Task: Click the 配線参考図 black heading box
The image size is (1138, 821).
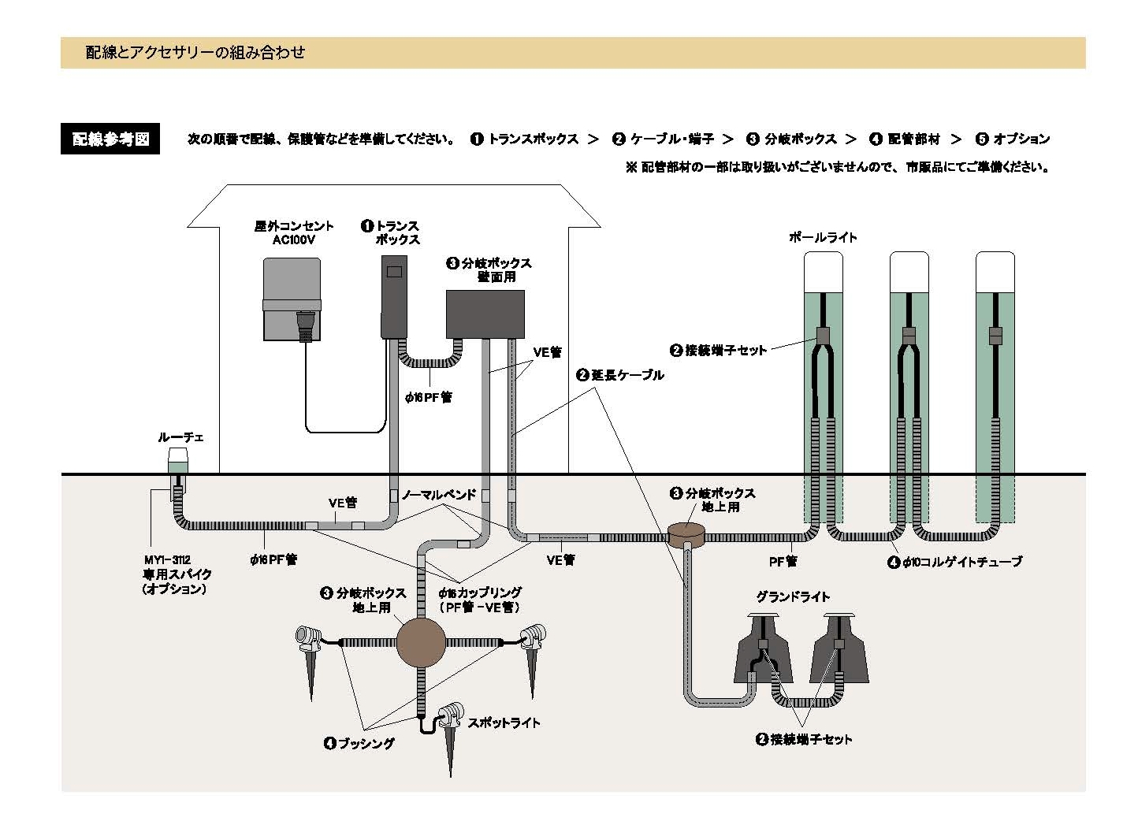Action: click(x=110, y=139)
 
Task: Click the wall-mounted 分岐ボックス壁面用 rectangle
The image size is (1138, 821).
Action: click(x=485, y=314)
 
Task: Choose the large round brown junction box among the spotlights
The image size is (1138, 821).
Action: click(x=421, y=642)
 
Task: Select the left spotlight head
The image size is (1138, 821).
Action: click(x=307, y=634)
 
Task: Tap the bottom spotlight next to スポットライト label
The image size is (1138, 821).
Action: click(x=450, y=715)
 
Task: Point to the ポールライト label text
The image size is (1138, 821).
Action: click(x=823, y=237)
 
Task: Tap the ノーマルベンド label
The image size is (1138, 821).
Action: click(x=439, y=495)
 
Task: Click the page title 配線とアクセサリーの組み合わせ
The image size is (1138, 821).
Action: click(x=195, y=53)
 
